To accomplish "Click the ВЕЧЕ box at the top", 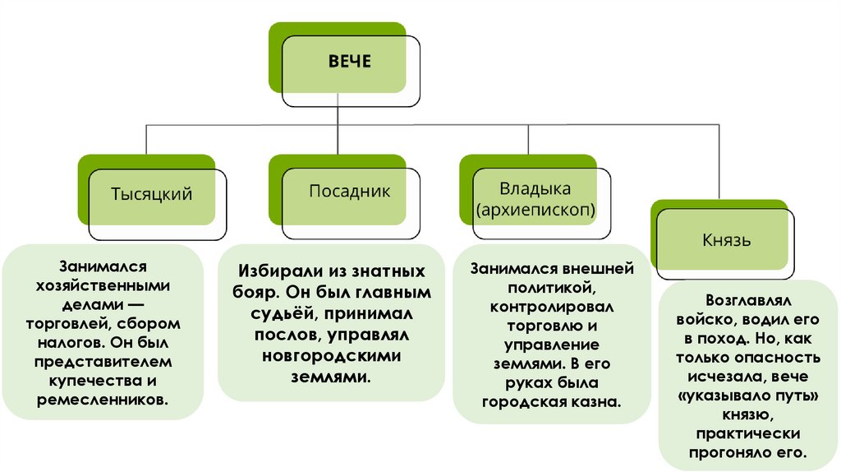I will [x=350, y=62].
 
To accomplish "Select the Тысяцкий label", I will [x=151, y=194].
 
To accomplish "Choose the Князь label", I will [x=727, y=241].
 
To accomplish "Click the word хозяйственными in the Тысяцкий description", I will [x=103, y=285].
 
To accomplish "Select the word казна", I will [x=596, y=402].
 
